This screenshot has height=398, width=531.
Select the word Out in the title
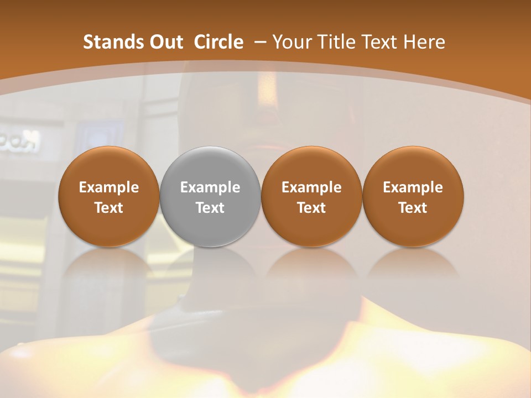click(x=164, y=42)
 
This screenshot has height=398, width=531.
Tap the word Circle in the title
click(x=218, y=42)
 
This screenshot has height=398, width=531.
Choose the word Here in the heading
click(x=424, y=42)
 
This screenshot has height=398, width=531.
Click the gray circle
click(x=210, y=197)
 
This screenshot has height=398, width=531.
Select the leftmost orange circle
click(x=108, y=197)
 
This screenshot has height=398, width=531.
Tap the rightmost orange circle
click(x=413, y=197)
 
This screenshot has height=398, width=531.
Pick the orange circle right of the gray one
click(x=311, y=197)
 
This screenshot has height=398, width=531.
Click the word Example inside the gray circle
click(x=210, y=187)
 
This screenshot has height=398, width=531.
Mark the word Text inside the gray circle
click(x=210, y=208)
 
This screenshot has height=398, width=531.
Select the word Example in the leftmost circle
click(x=108, y=187)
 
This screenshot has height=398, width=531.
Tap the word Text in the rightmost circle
click(x=413, y=208)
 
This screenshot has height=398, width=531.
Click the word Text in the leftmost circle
click(x=108, y=208)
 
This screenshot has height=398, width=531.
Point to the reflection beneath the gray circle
click(x=210, y=265)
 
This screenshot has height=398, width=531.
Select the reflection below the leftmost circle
click(x=108, y=265)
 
